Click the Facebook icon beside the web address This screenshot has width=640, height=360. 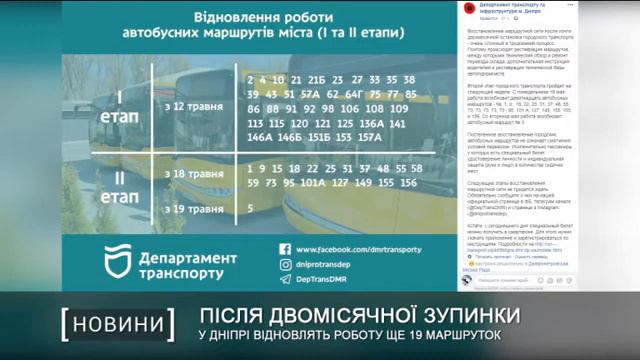[285, 249]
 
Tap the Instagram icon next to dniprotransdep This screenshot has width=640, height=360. [285, 265]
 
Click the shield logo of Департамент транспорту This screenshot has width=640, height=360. [121, 263]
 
